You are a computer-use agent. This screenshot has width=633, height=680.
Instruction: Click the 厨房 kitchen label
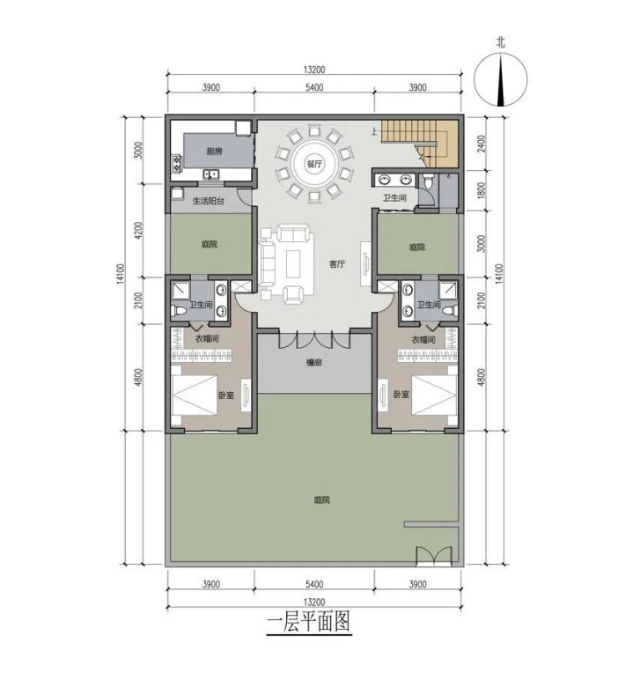[214, 152]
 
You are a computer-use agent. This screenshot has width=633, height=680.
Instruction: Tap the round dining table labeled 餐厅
[314, 164]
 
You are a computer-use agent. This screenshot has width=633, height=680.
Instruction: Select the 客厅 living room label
[337, 263]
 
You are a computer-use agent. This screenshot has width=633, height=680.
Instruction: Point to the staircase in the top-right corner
[419, 143]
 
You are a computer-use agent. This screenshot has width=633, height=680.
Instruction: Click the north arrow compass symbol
[501, 80]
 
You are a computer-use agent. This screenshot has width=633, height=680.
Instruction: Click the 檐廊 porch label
[314, 362]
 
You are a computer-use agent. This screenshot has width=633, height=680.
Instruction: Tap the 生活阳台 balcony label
[208, 201]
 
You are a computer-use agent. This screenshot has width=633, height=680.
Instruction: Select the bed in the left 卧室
[195, 395]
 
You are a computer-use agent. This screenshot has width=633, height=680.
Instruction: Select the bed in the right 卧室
[434, 395]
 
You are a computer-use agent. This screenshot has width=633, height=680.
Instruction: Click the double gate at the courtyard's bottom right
[434, 556]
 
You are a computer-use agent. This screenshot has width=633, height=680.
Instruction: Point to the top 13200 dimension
[314, 70]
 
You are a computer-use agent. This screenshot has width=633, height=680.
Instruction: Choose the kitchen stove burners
[176, 163]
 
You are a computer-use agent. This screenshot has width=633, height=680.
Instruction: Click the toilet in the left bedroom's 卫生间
[178, 311]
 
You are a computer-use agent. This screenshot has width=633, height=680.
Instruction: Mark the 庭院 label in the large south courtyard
[321, 499]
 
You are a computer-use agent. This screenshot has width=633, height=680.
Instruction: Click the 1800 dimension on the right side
[482, 191]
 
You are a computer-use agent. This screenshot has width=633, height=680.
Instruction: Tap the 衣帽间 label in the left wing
[206, 339]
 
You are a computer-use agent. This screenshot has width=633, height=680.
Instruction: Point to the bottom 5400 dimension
[314, 584]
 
